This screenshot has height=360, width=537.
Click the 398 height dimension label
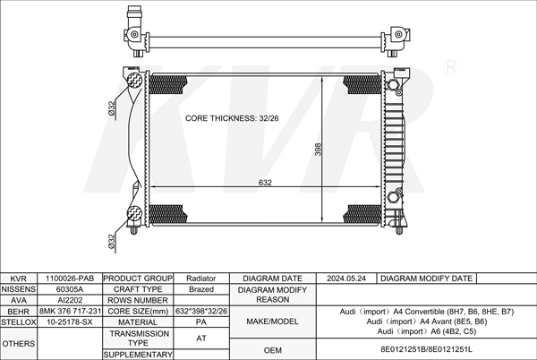[318, 150]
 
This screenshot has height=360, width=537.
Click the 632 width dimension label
[265, 183]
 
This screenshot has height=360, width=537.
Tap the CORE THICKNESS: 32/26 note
[232, 118]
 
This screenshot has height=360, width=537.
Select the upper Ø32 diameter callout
[111, 107]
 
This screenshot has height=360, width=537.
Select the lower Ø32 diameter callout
[111, 241]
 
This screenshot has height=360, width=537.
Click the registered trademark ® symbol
[451, 67]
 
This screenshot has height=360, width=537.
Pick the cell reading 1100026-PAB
[70, 279]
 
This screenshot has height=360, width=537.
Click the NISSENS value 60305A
[70, 289]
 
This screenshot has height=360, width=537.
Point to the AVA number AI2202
[70, 300]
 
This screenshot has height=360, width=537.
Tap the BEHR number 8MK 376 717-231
[70, 311]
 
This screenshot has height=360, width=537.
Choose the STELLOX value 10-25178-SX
[70, 322]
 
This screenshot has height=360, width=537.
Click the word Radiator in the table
[201, 279]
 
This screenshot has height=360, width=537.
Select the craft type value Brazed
[201, 289]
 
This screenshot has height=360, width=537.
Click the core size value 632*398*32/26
[201, 311]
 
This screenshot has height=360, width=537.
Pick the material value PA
[201, 322]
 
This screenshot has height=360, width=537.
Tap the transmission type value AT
[201, 339]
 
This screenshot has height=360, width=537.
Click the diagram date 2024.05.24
[345, 279]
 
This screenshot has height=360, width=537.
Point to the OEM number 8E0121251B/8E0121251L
[426, 349]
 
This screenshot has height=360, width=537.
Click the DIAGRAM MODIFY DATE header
[426, 279]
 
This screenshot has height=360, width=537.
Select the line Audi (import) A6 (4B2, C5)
[427, 331]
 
